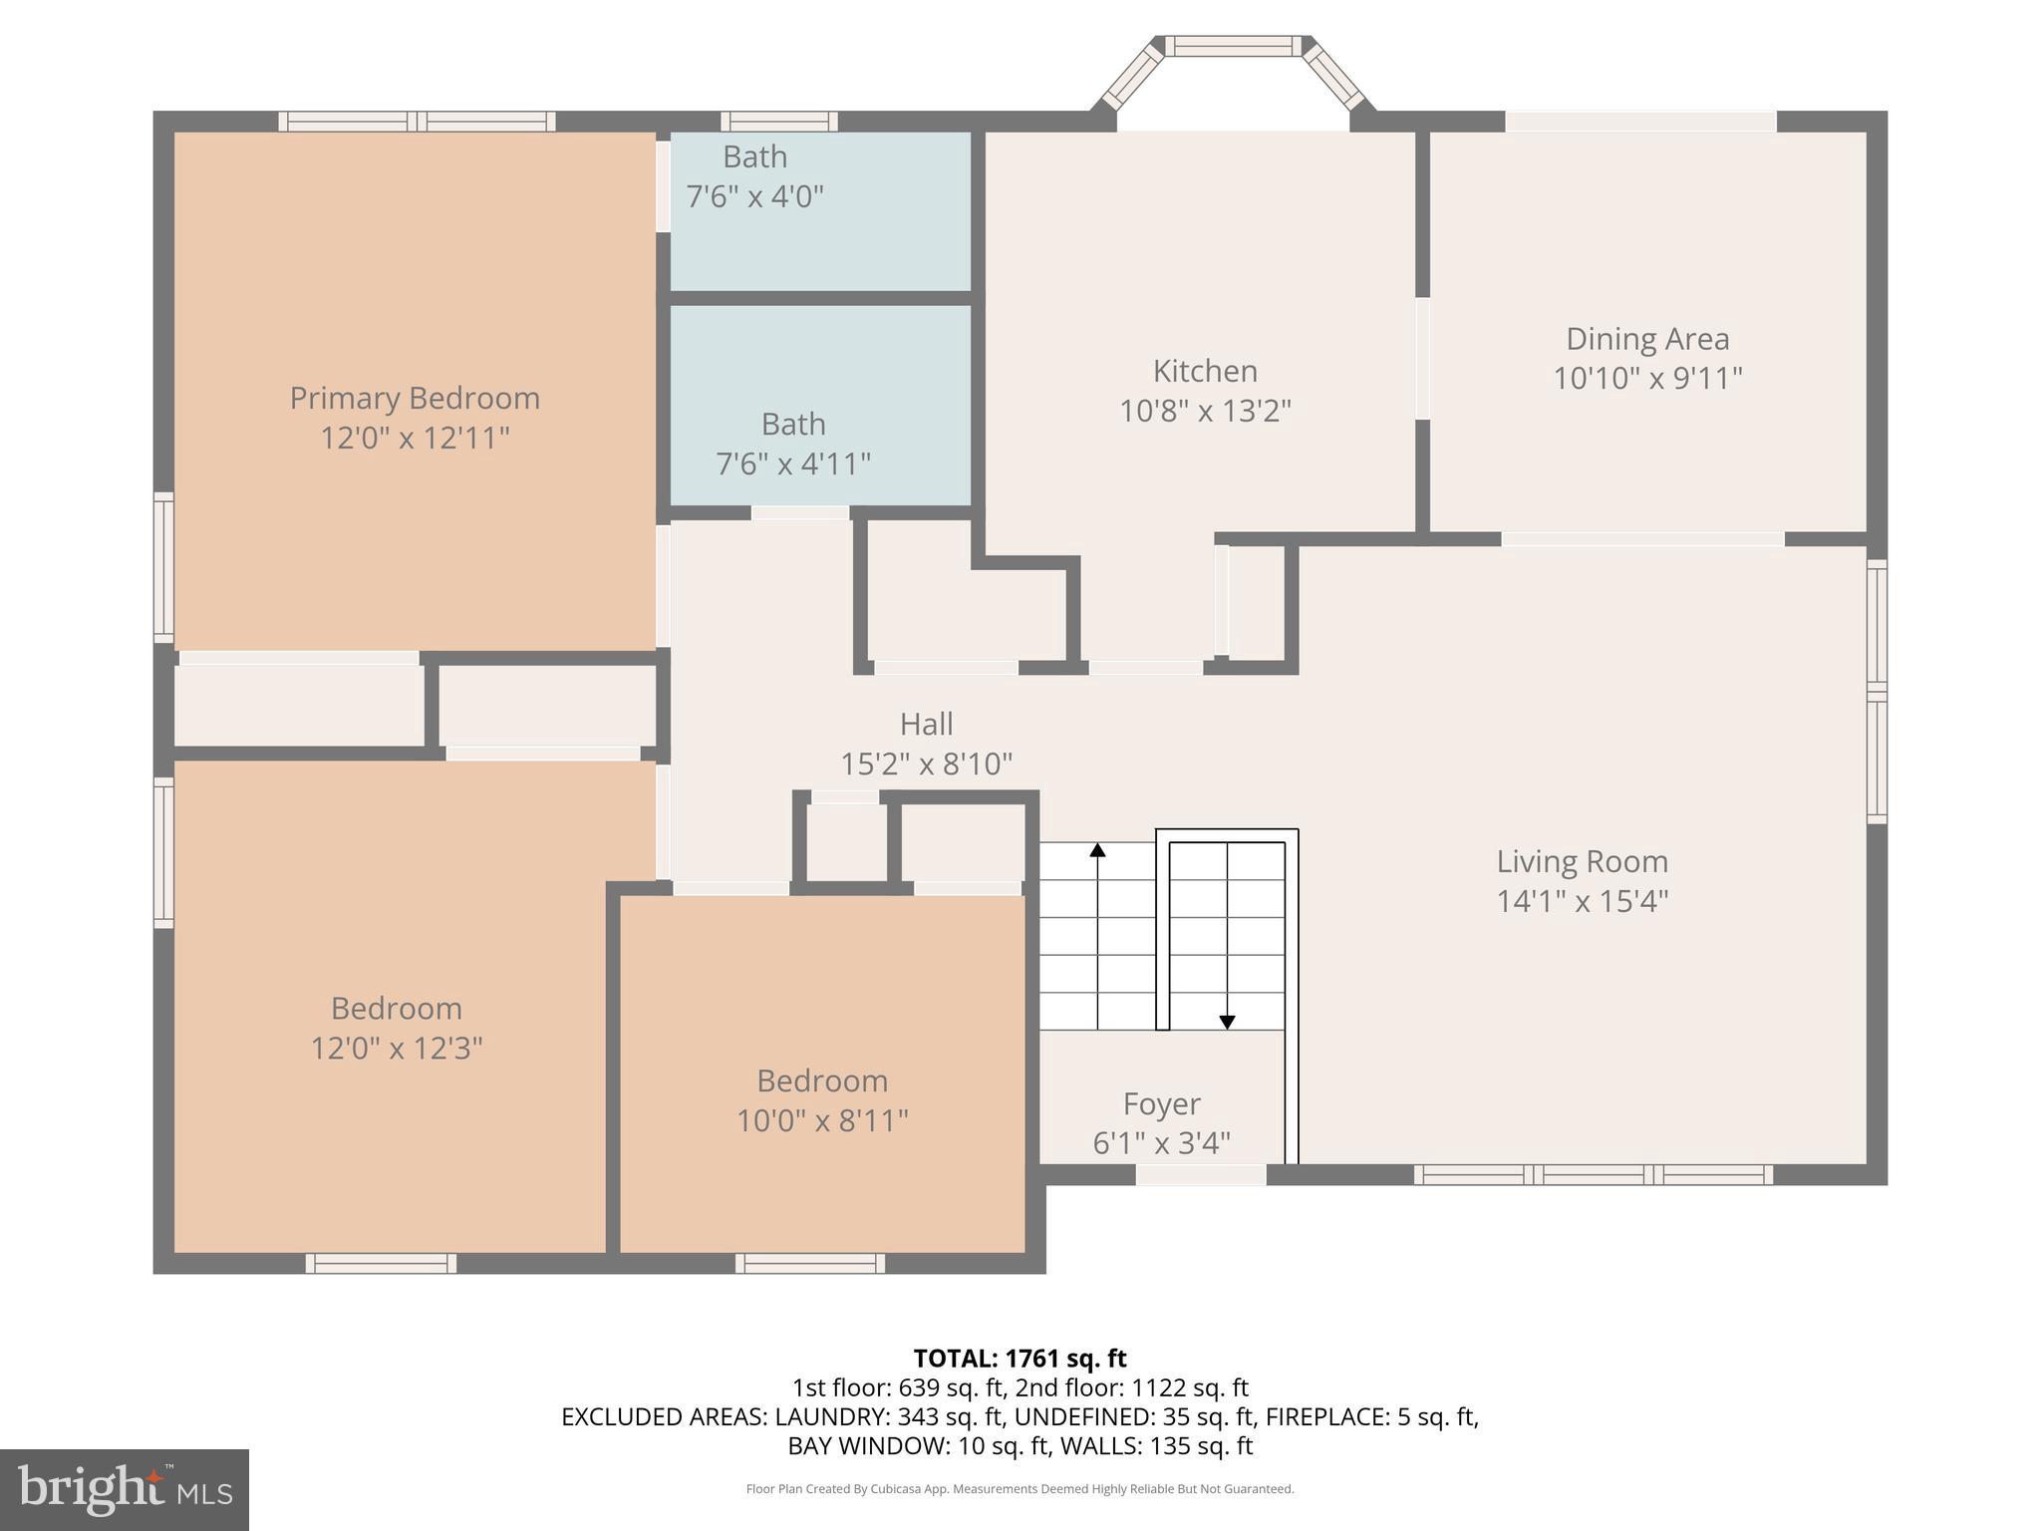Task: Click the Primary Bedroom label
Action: click(415, 398)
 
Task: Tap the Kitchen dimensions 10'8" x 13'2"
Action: click(1205, 411)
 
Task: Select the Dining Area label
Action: click(1647, 339)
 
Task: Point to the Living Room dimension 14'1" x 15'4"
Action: click(1582, 901)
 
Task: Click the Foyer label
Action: click(1161, 1103)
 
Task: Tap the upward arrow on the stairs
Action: click(1097, 850)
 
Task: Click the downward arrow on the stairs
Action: click(1227, 1022)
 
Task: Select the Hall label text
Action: click(926, 724)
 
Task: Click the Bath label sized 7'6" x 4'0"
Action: click(754, 157)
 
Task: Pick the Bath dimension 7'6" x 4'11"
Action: click(793, 463)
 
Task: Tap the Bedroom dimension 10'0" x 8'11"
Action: click(822, 1120)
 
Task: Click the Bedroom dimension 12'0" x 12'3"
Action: click(397, 1049)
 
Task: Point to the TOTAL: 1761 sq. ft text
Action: click(1020, 1359)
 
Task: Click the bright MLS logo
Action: click(125, 1489)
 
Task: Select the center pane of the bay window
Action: click(1234, 46)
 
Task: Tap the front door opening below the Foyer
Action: click(1201, 1175)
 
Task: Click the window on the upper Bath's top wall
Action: click(779, 122)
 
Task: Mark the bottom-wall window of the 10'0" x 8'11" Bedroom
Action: click(810, 1263)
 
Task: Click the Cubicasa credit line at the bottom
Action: click(1020, 1489)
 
